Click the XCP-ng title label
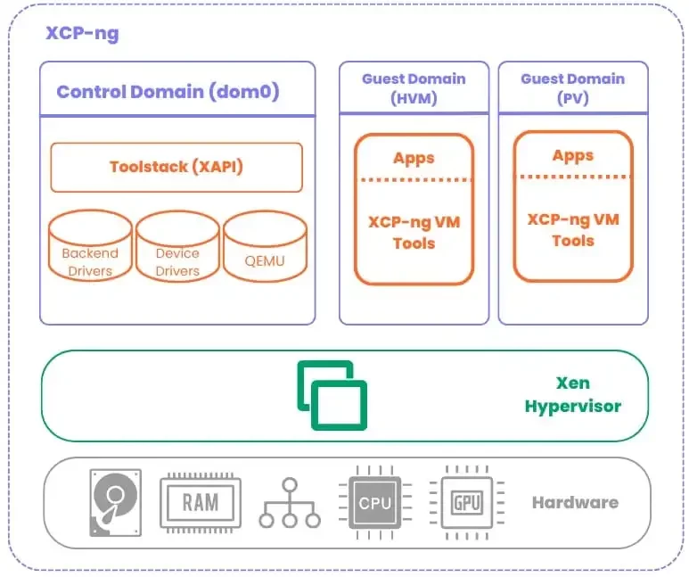click(82, 35)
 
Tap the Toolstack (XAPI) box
click(176, 167)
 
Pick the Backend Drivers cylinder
click(90, 245)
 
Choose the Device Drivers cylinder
click(177, 245)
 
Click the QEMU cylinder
click(265, 245)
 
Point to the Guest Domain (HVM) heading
click(414, 88)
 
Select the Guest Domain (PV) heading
click(572, 88)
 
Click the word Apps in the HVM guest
click(414, 158)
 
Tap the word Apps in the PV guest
click(572, 155)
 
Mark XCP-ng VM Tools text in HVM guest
click(414, 232)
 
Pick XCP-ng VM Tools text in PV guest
click(572, 229)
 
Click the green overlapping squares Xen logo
click(332, 395)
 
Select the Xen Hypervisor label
click(572, 395)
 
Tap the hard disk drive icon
click(115, 502)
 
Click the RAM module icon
click(200, 501)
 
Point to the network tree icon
click(290, 502)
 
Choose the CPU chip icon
click(374, 503)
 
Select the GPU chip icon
click(466, 502)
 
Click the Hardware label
click(575, 502)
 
